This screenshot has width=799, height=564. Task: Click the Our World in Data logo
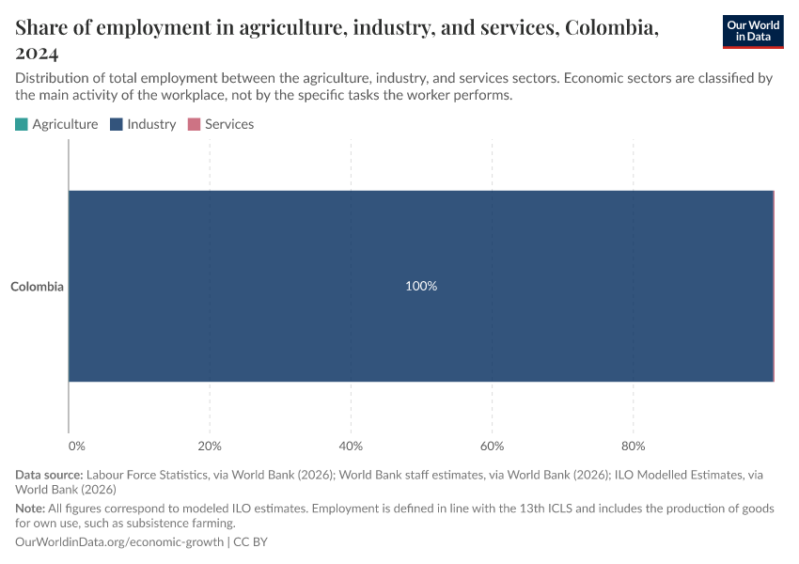click(x=752, y=31)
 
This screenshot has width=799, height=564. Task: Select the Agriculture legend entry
click(x=65, y=124)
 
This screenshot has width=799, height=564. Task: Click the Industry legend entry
click(x=151, y=124)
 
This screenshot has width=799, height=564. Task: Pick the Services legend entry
click(x=229, y=124)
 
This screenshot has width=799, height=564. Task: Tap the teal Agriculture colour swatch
click(x=22, y=124)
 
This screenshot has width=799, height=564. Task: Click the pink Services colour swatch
click(x=195, y=124)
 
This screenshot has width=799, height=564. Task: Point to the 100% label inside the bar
click(x=421, y=286)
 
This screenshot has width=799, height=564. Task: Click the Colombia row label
click(x=37, y=287)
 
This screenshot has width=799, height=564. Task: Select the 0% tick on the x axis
click(x=77, y=446)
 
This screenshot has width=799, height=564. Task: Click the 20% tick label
click(x=210, y=446)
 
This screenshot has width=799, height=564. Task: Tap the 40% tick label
click(x=351, y=446)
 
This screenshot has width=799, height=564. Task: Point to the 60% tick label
click(x=492, y=446)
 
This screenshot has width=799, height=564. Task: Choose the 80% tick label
click(x=633, y=446)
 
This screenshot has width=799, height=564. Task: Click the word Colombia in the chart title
click(x=608, y=27)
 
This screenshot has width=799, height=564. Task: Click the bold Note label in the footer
click(x=30, y=508)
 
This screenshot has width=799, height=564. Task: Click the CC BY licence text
click(x=250, y=542)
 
